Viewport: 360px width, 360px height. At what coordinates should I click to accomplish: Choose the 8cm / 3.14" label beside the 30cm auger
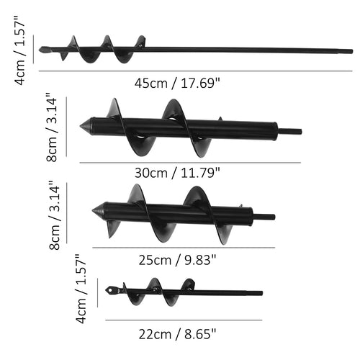pos(52,128)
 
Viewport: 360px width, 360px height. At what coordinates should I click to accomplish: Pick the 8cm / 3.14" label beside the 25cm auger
pos(52,215)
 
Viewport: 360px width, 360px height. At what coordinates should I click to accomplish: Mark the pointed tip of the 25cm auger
pos(94,211)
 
